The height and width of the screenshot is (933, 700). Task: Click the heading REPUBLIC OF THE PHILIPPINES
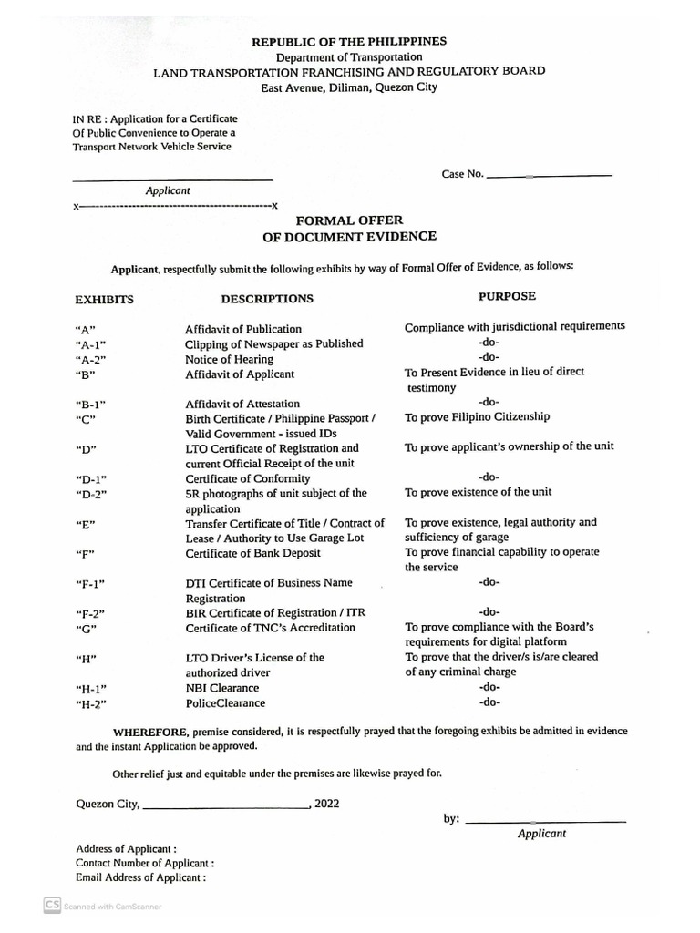[349, 42]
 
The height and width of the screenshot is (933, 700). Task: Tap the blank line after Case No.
[550, 174]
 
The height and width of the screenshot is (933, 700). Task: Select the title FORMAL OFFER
[349, 220]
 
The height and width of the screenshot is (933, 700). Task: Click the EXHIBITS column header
[104, 299]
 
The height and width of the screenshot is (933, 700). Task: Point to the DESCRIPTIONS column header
[266, 299]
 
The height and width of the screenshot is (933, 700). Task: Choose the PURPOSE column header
[507, 296]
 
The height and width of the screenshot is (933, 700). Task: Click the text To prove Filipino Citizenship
[478, 416]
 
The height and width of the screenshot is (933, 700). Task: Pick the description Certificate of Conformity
[247, 478]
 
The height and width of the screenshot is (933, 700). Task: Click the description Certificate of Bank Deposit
[252, 553]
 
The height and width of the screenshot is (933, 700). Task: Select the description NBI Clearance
[221, 688]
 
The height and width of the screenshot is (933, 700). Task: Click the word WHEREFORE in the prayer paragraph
[150, 732]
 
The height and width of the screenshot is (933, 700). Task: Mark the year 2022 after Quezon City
[326, 804]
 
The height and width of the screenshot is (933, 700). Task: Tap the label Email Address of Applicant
[140, 877]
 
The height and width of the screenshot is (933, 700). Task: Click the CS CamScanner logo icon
[52, 906]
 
